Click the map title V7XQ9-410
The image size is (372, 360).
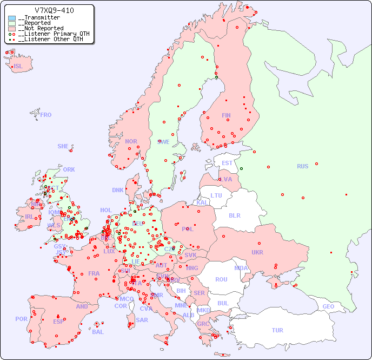click(x=54, y=10)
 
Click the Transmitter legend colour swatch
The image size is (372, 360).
click(x=12, y=18)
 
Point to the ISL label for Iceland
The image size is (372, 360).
click(x=18, y=67)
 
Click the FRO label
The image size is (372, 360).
click(x=46, y=115)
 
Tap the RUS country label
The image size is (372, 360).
click(x=302, y=166)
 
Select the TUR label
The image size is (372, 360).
click(x=277, y=330)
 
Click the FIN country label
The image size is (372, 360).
click(x=226, y=115)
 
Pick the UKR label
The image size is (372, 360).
click(x=257, y=252)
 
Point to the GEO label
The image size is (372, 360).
click(x=328, y=306)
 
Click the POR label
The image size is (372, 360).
click(x=21, y=319)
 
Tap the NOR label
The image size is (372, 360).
click(x=131, y=141)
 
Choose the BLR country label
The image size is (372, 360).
click(x=234, y=215)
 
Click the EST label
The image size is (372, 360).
click(x=227, y=163)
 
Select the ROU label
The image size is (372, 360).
click(x=221, y=279)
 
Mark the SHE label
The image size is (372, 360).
click(x=63, y=146)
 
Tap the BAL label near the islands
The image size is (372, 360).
click(x=98, y=332)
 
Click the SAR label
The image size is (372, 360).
click(x=142, y=320)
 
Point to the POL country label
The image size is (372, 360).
click(x=187, y=229)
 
